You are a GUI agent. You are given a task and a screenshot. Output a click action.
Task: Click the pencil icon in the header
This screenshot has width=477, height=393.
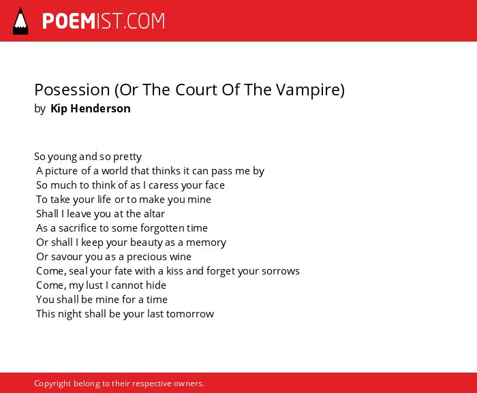click(x=20, y=21)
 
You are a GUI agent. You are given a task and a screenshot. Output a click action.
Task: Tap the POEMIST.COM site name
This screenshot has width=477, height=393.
click(x=104, y=21)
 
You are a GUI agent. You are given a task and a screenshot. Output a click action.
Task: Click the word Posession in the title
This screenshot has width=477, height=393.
click(x=72, y=90)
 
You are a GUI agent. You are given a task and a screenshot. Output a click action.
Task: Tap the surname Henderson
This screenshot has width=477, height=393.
click(x=100, y=108)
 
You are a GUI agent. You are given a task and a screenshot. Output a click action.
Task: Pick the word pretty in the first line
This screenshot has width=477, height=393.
click(x=127, y=157)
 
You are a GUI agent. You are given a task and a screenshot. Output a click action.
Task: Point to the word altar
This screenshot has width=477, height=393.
click(x=154, y=214)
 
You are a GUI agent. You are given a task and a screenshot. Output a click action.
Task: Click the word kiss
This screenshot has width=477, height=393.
click(x=174, y=270)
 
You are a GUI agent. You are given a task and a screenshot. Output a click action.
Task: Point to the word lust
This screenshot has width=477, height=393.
click(x=95, y=285)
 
